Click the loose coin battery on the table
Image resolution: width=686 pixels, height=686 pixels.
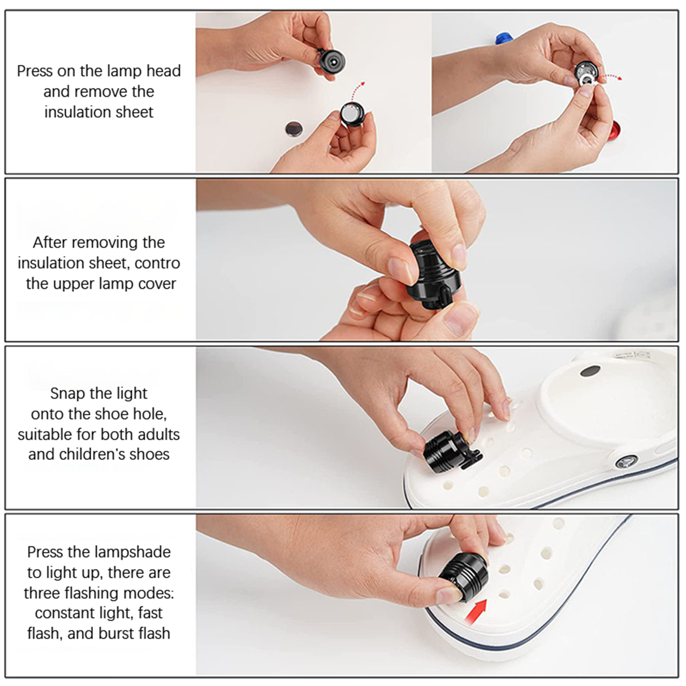pos(294,128)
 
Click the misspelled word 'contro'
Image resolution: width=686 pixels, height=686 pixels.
pos(157,263)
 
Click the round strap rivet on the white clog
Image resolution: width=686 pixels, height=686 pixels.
pos(627,463)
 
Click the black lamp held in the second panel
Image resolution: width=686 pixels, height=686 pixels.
pos(433,271)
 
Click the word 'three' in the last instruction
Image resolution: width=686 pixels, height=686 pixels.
pos(41,593)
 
